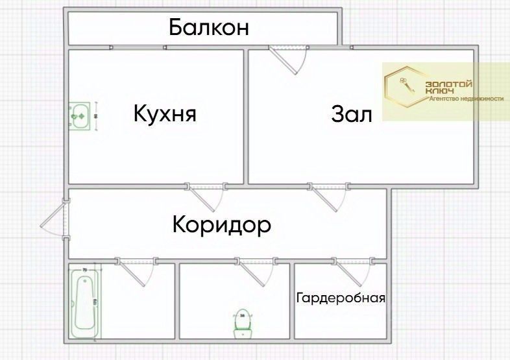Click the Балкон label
(209, 28)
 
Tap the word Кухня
(165, 114)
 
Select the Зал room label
(352, 115)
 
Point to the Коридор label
(221, 225)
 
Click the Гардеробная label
(341, 298)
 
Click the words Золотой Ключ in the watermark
(448, 88)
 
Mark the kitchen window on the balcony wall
(138, 47)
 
